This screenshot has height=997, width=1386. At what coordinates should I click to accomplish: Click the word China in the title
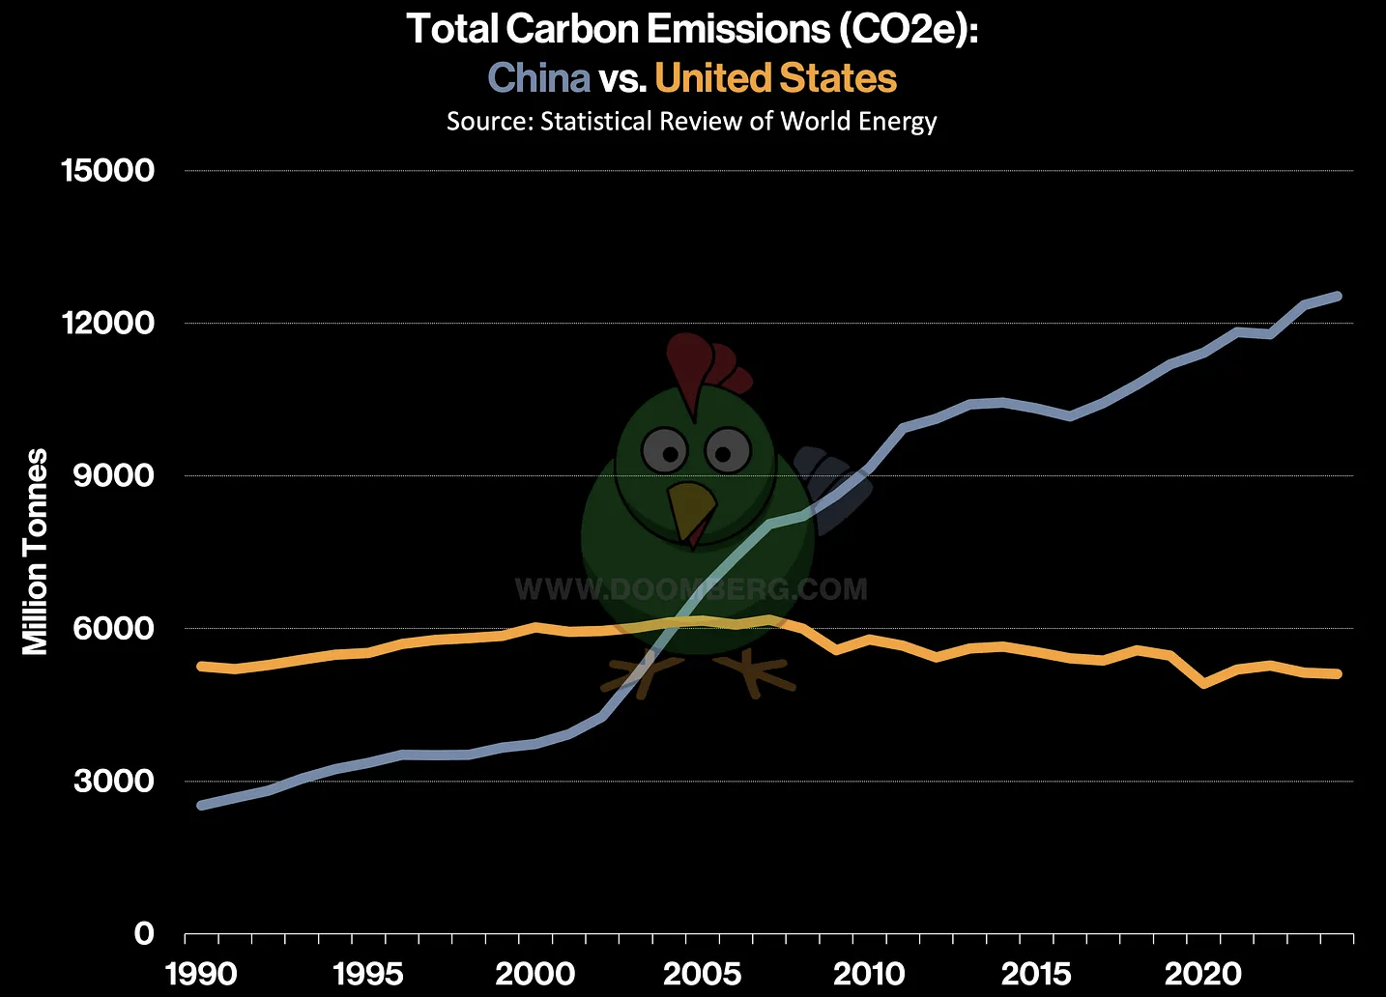pyautogui.click(x=538, y=78)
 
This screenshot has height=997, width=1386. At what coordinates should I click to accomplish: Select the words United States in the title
pyautogui.click(x=775, y=78)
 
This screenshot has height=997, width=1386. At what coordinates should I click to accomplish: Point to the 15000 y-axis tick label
pyautogui.click(x=107, y=171)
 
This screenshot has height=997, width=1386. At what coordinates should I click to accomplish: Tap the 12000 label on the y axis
pyautogui.click(x=107, y=324)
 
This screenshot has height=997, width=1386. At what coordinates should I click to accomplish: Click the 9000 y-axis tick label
pyautogui.click(x=113, y=475)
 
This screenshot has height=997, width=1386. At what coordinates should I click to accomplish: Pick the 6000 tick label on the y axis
pyautogui.click(x=113, y=628)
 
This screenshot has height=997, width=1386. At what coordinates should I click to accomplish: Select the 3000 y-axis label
pyautogui.click(x=113, y=781)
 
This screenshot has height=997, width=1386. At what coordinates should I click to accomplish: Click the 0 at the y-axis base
pyautogui.click(x=143, y=933)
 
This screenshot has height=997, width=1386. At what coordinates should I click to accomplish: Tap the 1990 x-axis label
pyautogui.click(x=201, y=973)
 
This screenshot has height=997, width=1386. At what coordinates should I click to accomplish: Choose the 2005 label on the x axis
pyautogui.click(x=703, y=973)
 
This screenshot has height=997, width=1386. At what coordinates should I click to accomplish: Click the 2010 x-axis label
pyautogui.click(x=869, y=973)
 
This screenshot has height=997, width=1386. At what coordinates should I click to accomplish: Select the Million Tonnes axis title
pyautogui.click(x=36, y=552)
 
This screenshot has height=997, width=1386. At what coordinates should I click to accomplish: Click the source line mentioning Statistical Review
pyautogui.click(x=691, y=122)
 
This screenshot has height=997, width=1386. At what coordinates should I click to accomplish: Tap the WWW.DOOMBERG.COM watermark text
pyautogui.click(x=691, y=589)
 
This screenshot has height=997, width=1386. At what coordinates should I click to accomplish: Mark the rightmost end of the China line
pyautogui.click(x=1338, y=296)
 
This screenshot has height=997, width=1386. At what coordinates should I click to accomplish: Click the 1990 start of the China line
pyautogui.click(x=201, y=805)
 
